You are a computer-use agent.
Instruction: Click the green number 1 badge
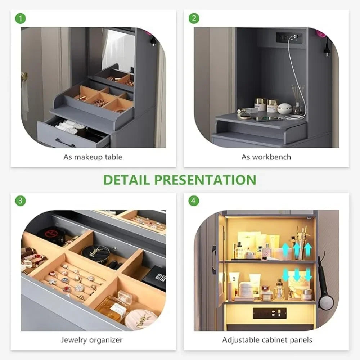[x=21, y=18]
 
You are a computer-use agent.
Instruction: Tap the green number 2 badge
[x=194, y=18]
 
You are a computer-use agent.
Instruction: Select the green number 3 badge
[x=21, y=201]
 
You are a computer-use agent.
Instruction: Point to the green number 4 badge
[x=194, y=201]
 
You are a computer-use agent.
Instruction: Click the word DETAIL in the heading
[x=126, y=180]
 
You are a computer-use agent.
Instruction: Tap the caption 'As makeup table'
[x=93, y=157]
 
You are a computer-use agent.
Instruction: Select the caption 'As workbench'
[x=266, y=157]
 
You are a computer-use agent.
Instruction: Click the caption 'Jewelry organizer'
[x=92, y=340]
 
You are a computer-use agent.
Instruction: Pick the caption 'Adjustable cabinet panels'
[x=267, y=340]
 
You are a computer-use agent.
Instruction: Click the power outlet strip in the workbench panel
[x=289, y=37]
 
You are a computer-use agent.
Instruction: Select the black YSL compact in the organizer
[x=95, y=252]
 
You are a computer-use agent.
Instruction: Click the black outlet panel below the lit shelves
[x=270, y=313]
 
